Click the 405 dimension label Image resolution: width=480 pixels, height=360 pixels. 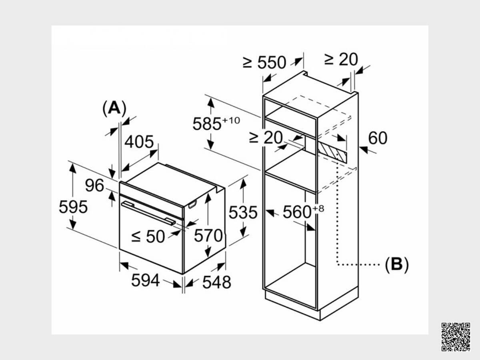click(x=139, y=142)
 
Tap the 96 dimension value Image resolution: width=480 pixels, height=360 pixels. click(x=94, y=186)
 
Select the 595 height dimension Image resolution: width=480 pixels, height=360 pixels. click(x=73, y=207)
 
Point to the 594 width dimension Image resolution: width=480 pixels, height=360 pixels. click(x=146, y=280)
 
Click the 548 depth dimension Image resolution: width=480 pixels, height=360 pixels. click(x=217, y=282)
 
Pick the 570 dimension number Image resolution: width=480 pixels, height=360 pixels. click(x=208, y=236)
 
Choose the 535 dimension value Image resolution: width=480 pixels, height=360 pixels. click(x=243, y=212)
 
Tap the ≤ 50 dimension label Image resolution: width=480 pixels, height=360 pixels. click(x=148, y=236)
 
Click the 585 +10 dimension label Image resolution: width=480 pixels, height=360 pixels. click(x=216, y=124)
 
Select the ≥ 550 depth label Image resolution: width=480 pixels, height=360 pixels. click(x=264, y=62)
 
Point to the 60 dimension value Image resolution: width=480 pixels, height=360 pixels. click(x=378, y=138)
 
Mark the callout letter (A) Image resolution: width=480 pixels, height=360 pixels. click(x=114, y=108)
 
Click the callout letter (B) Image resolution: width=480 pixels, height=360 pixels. click(x=397, y=264)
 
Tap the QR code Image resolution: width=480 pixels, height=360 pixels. click(x=456, y=337)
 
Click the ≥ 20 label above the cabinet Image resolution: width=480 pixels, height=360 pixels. click(x=341, y=59)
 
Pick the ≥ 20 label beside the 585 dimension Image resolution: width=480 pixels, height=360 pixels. click(x=266, y=138)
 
